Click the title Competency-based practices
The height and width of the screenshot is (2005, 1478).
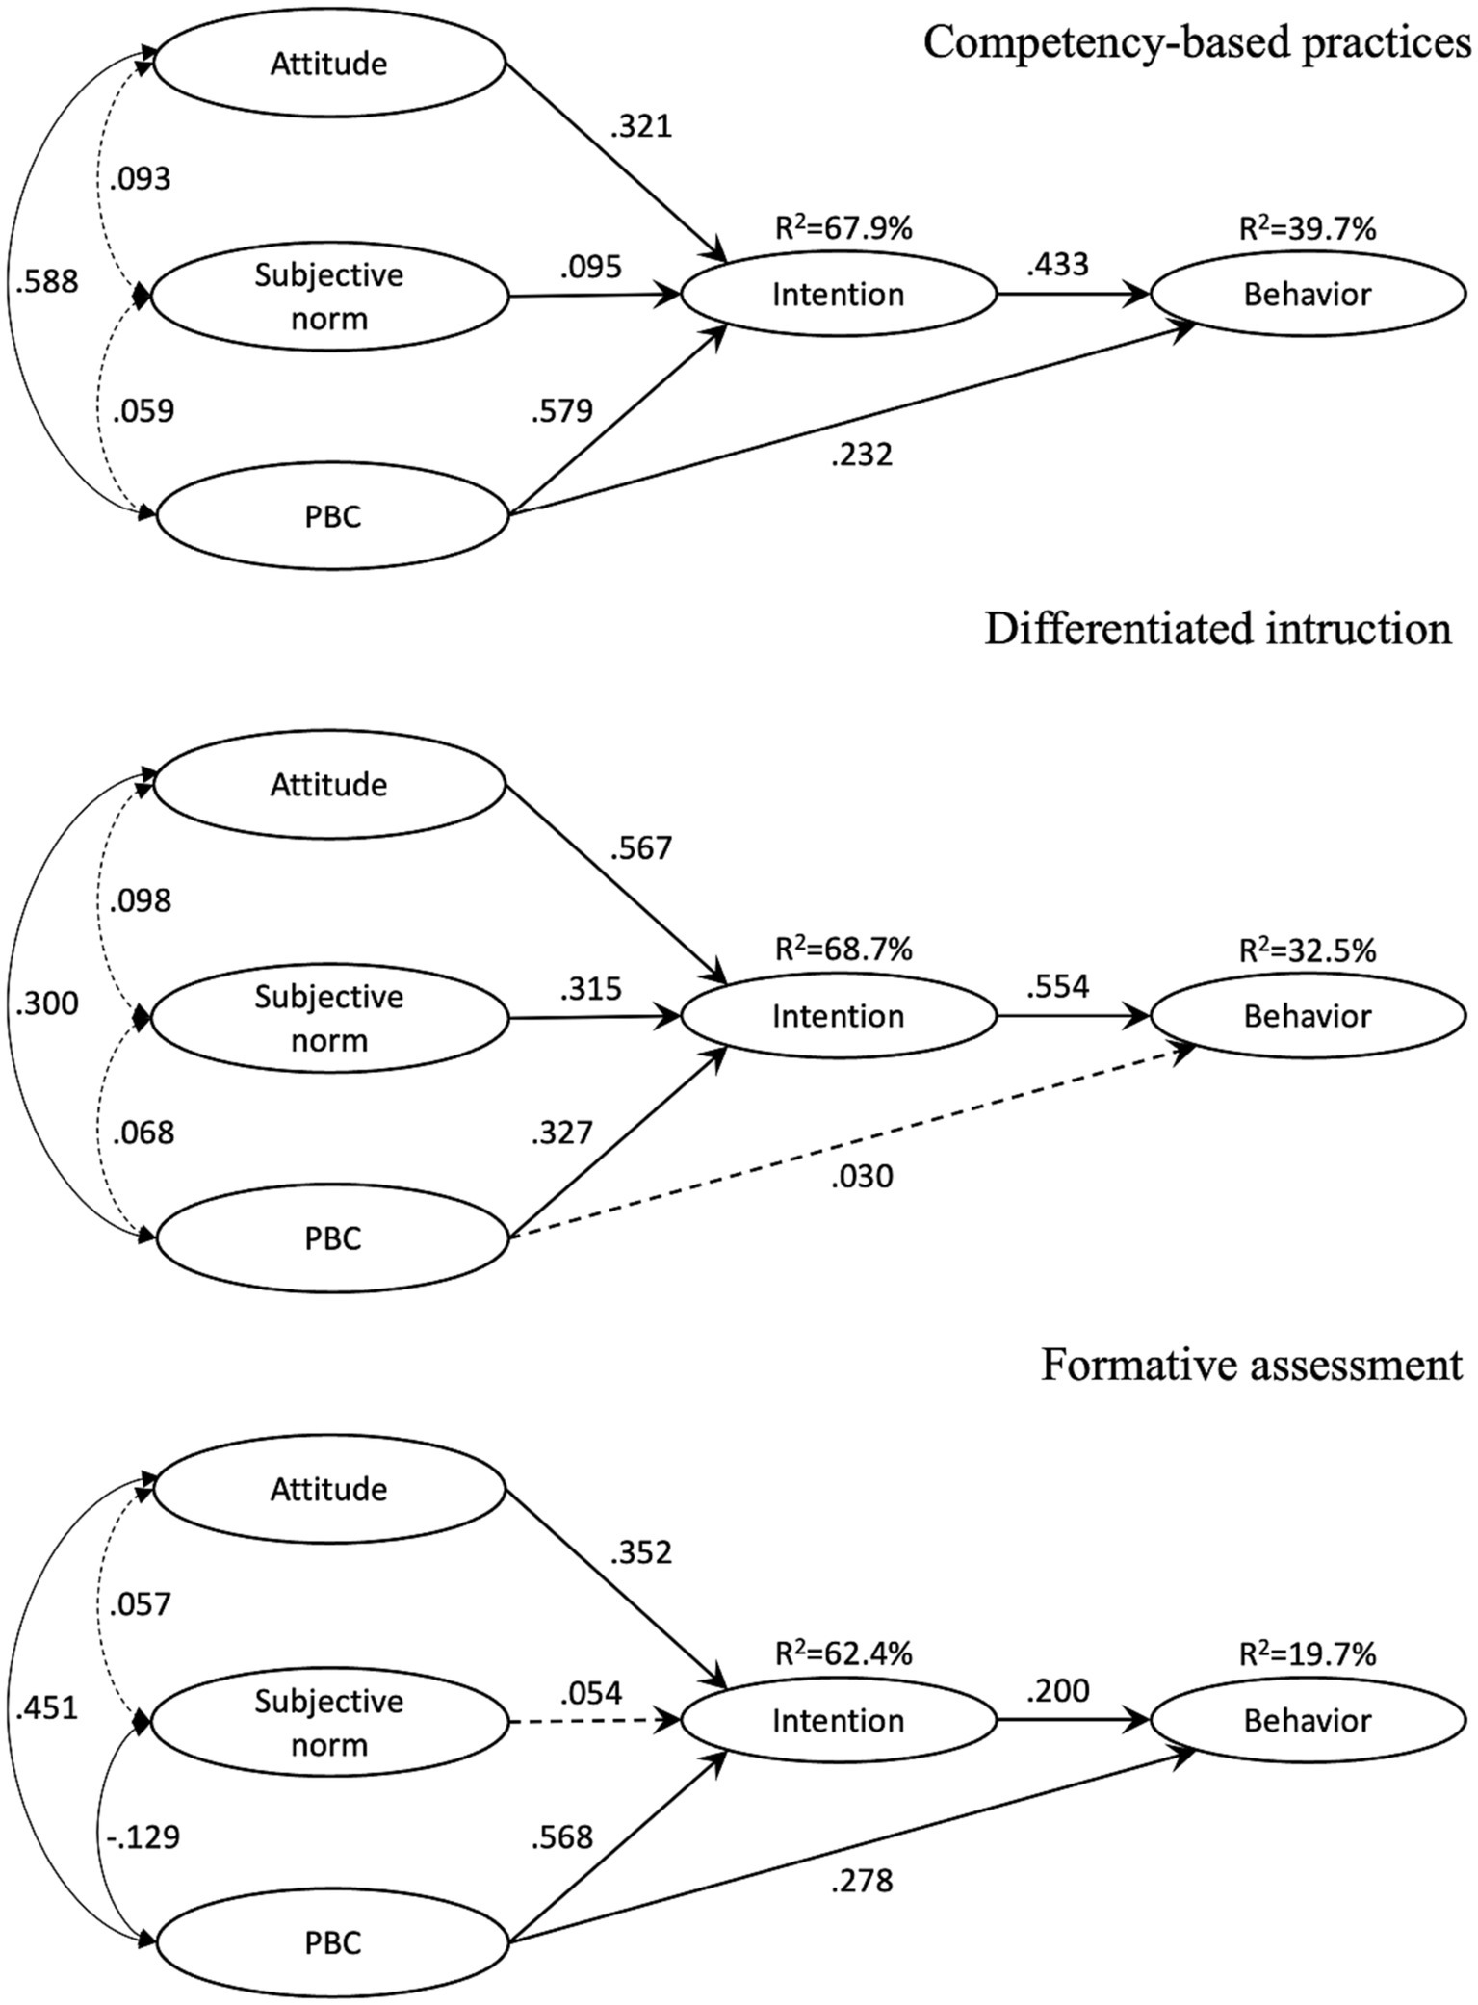(x=1197, y=43)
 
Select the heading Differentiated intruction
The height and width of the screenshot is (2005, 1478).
(x=1217, y=629)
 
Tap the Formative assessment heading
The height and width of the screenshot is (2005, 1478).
(x=1251, y=1365)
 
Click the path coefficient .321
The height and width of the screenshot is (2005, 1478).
(x=640, y=126)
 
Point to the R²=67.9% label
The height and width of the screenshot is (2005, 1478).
(x=843, y=229)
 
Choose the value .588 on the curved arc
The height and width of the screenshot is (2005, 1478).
(x=46, y=282)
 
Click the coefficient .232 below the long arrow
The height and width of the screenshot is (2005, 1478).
(x=862, y=455)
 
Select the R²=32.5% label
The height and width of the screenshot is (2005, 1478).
(x=1308, y=950)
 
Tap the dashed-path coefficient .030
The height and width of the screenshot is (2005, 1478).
(x=862, y=1176)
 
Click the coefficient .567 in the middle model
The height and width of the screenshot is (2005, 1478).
(x=640, y=848)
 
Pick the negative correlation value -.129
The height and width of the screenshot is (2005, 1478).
(x=143, y=1837)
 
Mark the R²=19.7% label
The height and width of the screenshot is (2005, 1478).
(x=1308, y=1654)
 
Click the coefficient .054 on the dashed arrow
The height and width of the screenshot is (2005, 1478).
(x=591, y=1692)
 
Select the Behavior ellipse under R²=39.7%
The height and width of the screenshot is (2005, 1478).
(x=1308, y=295)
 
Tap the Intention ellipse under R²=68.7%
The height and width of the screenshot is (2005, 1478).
(x=839, y=1016)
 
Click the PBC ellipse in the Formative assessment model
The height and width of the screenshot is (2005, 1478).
(x=332, y=1942)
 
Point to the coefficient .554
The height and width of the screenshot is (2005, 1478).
(x=1057, y=985)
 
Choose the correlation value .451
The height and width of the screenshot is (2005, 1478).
(x=46, y=1708)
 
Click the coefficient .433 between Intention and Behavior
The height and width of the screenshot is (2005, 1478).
(x=1057, y=264)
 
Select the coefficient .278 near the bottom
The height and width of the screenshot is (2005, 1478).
(x=862, y=1880)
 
